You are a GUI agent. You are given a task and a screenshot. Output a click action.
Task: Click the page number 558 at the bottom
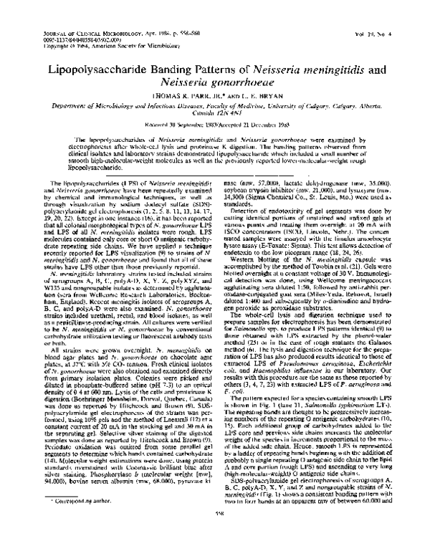[215, 540]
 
